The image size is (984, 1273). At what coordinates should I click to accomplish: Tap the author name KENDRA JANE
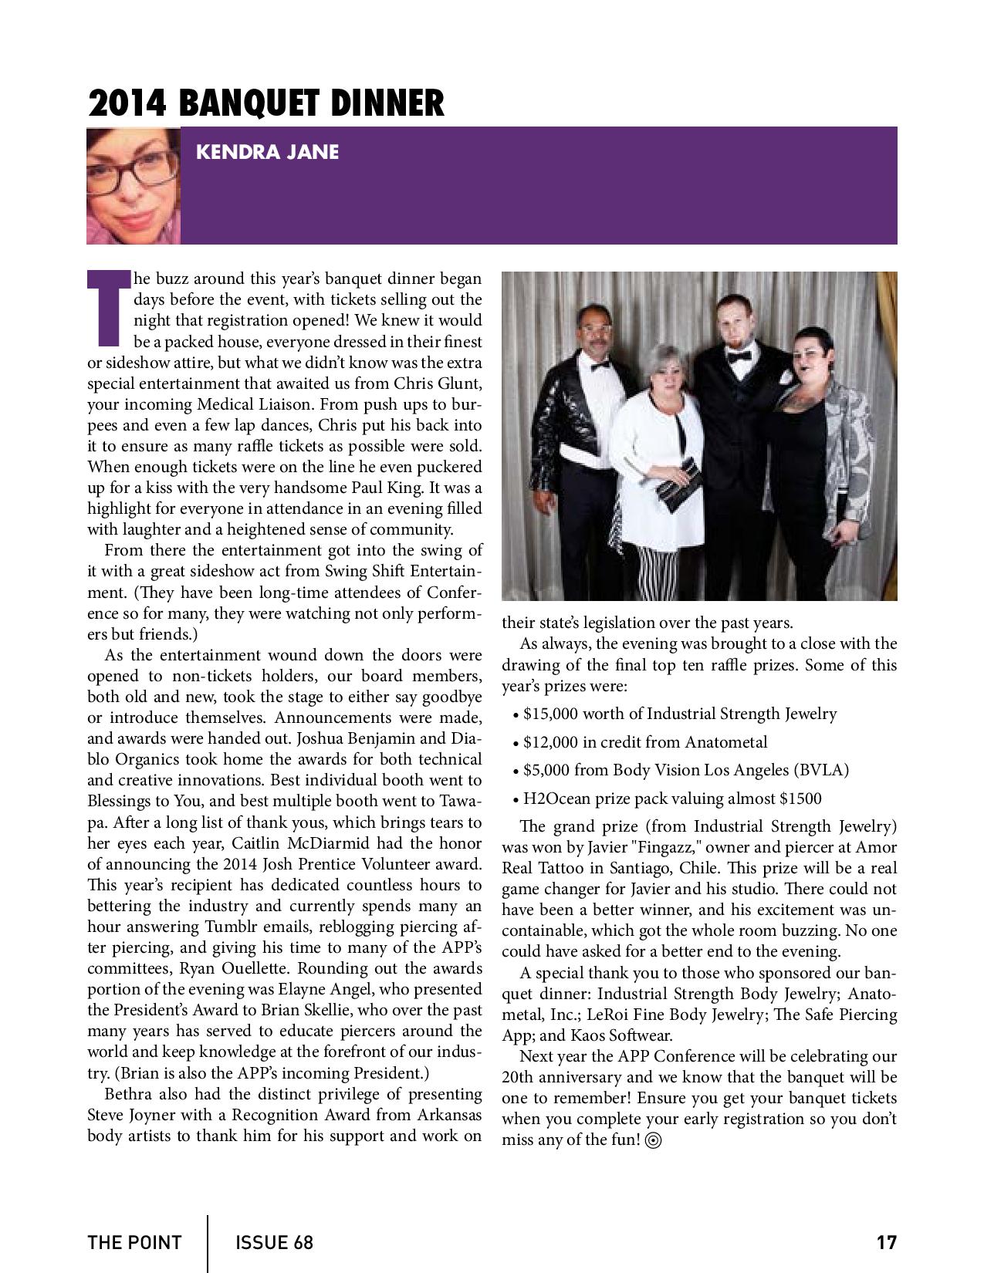(267, 152)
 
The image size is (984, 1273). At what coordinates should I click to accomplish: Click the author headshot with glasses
(133, 186)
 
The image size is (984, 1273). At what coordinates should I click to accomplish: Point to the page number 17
(886, 1243)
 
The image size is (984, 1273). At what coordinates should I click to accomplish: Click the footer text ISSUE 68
(274, 1243)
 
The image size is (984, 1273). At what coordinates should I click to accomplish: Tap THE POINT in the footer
(134, 1243)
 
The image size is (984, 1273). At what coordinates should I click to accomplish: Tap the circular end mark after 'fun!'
(654, 1141)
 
